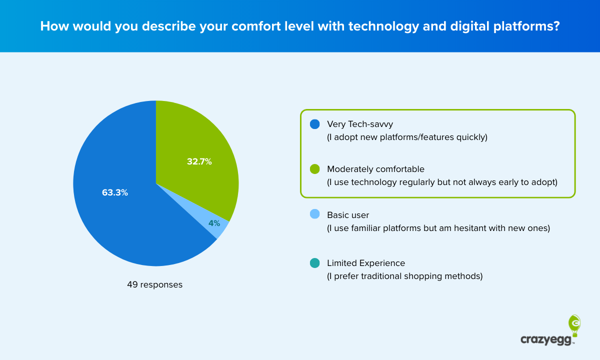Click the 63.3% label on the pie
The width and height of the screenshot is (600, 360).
[x=115, y=192]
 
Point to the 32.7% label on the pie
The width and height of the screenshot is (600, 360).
[x=199, y=161]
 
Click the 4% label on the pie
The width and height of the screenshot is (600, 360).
[x=214, y=223]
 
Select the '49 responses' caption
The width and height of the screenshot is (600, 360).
[x=154, y=285]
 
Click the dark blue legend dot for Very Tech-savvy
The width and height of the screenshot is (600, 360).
[x=314, y=124]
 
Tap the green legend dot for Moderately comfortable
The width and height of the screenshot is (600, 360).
[x=314, y=169]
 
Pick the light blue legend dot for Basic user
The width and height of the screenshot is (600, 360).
[x=314, y=214]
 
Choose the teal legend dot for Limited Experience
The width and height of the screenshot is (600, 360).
[x=314, y=263]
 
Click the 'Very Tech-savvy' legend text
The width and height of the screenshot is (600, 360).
[x=360, y=124]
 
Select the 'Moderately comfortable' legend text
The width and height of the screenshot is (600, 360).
[x=375, y=169]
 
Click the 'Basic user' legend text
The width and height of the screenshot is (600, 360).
[x=348, y=215]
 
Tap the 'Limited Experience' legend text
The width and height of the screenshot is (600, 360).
[x=366, y=263]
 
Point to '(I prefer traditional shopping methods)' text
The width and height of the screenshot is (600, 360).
[x=404, y=276]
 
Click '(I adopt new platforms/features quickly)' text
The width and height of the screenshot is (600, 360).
[x=406, y=137]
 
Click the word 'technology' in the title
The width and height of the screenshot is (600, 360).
[x=355, y=26]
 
